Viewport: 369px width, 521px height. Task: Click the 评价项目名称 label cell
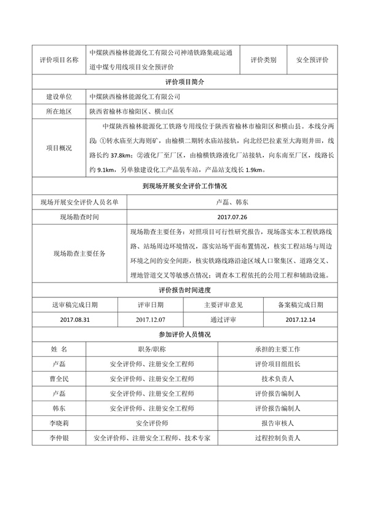point(59,60)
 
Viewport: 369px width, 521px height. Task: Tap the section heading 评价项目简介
point(184,82)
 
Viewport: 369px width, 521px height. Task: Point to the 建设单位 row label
point(59,96)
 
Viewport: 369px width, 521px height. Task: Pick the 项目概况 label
point(59,148)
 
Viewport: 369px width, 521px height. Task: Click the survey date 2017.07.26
point(232,217)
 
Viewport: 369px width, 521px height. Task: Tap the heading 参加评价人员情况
point(184,334)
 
